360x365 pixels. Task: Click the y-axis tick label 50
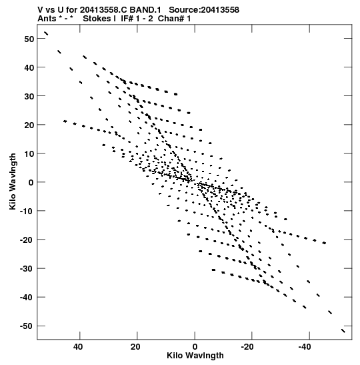(29, 39)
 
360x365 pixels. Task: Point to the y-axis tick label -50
(27, 326)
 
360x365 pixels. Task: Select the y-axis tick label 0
(31, 183)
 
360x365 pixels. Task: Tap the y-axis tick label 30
(29, 96)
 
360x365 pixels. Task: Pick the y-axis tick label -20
(27, 240)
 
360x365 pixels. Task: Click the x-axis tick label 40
(78, 347)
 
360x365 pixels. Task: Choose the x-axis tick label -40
(305, 347)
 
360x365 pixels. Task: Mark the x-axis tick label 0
(195, 347)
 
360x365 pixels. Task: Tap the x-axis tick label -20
(247, 347)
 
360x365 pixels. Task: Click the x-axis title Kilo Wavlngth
(195, 356)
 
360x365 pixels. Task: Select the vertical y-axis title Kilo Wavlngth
(13, 181)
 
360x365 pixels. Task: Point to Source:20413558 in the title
(204, 10)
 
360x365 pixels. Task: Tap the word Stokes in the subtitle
(97, 19)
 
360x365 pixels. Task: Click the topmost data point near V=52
(46, 33)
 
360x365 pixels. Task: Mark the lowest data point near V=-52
(343, 331)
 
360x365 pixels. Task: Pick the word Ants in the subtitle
(47, 19)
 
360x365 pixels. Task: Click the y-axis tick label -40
(27, 298)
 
